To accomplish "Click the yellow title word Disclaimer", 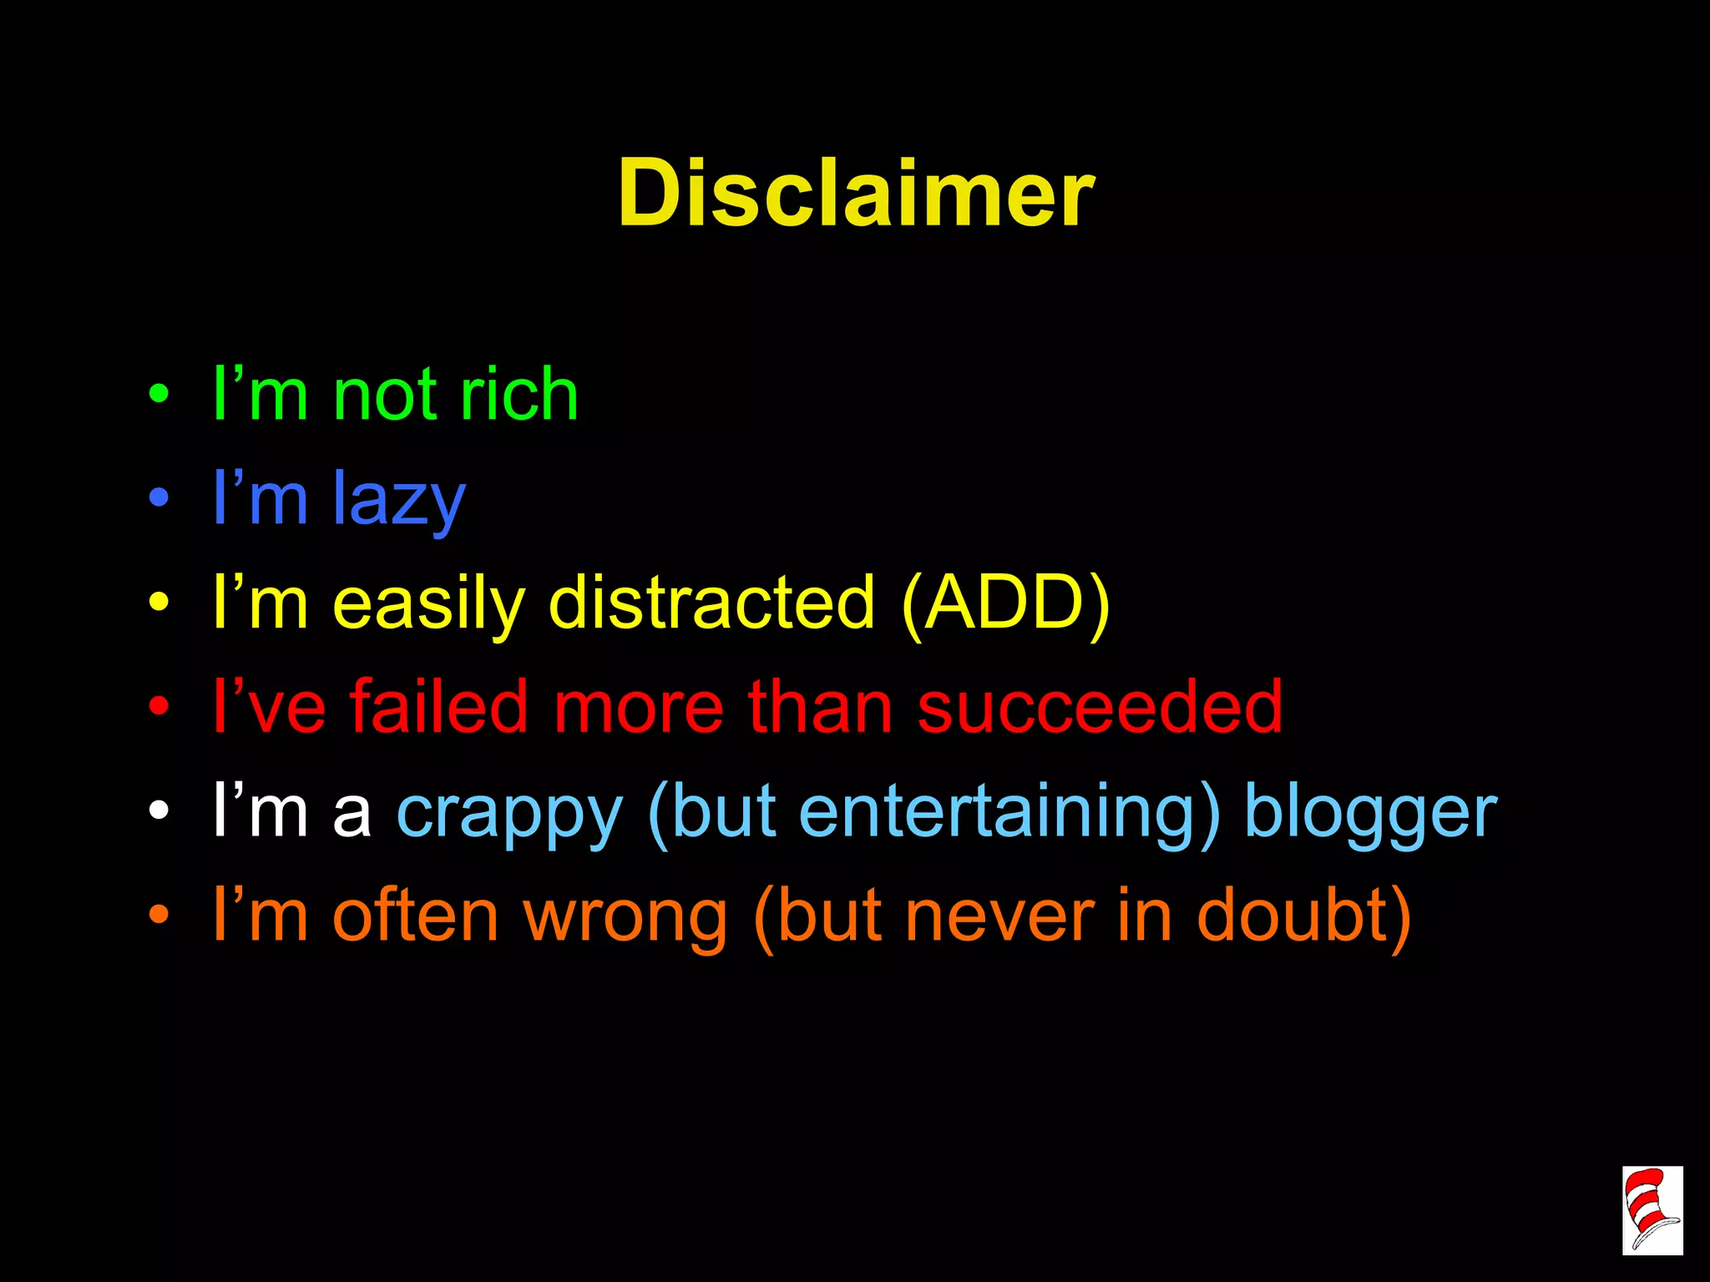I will coord(855,194).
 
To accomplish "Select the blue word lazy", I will coord(399,499).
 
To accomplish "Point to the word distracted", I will coord(711,603).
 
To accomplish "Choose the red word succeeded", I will coord(1099,707).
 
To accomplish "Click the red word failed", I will coord(438,707).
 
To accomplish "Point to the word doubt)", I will coord(1303,916).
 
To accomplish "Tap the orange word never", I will coord(999,916).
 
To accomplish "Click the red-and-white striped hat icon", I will coord(1652,1210).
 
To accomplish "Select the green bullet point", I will coord(159,393).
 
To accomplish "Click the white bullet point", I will coord(159,810).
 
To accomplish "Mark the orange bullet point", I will coord(159,916).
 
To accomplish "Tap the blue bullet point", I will coord(159,498).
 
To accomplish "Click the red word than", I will coord(820,707).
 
